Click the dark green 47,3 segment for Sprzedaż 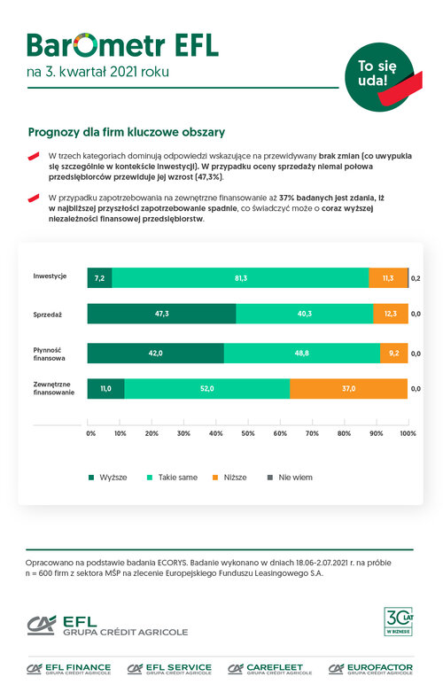click(x=161, y=314)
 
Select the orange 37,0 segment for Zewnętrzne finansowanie click(x=348, y=388)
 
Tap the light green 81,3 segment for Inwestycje click(x=241, y=277)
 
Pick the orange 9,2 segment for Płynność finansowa click(x=394, y=353)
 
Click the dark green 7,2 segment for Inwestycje click(x=99, y=277)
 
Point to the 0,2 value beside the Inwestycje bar click(x=416, y=278)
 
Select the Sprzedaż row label click(x=47, y=315)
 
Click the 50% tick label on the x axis click(x=248, y=433)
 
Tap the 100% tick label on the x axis click(x=408, y=433)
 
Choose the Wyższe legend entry click(x=108, y=478)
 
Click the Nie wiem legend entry click(x=291, y=478)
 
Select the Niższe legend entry click(x=229, y=478)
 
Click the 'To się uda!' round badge click(x=379, y=77)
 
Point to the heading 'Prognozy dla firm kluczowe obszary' click(x=127, y=132)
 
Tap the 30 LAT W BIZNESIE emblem click(x=399, y=621)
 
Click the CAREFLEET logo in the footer click(x=269, y=668)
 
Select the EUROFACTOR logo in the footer click(x=370, y=668)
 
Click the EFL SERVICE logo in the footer click(x=169, y=668)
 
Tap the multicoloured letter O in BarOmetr click(x=85, y=44)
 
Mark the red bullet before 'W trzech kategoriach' click(x=34, y=156)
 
